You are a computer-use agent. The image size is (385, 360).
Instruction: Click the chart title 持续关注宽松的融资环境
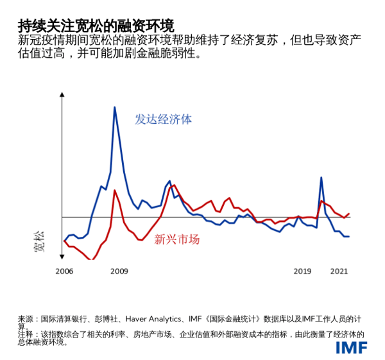tap(96, 26)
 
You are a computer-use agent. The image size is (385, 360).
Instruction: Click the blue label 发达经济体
tap(163, 119)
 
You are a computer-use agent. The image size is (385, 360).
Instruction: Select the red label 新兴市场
tap(176, 239)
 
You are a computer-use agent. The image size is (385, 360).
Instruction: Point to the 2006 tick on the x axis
tap(64, 271)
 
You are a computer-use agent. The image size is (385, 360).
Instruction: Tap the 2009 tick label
tap(119, 271)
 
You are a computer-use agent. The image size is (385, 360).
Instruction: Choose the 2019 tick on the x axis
tap(302, 271)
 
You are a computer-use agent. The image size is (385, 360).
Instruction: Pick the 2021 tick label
tap(339, 271)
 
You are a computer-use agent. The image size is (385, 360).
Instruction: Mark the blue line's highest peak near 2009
tap(115, 107)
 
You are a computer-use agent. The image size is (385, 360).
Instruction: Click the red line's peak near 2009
tap(115, 191)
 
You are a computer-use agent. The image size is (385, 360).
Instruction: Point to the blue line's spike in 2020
tap(321, 178)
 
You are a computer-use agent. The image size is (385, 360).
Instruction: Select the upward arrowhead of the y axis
tap(62, 95)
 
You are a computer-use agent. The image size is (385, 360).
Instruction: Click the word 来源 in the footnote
tap(25, 318)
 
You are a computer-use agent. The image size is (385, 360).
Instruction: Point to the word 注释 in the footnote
tap(25, 334)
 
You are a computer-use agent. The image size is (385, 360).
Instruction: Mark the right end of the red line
tap(349, 214)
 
